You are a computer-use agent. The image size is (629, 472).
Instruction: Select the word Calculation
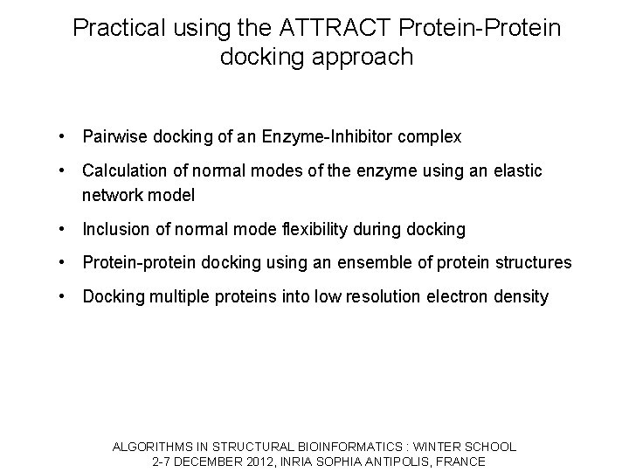tap(123, 170)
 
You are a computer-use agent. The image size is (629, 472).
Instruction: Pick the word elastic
tap(517, 170)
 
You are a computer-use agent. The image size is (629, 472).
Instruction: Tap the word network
tap(114, 196)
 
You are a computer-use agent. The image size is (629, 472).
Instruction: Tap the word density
tap(521, 296)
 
